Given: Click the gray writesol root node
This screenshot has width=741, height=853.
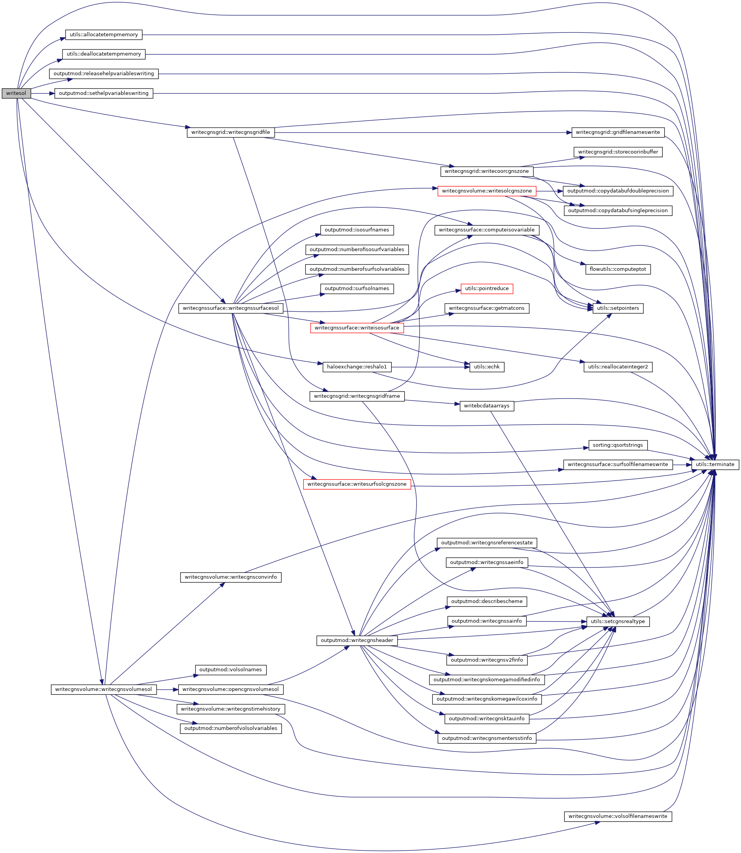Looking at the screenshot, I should [x=16, y=93].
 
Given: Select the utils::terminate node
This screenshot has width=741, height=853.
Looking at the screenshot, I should [x=714, y=465].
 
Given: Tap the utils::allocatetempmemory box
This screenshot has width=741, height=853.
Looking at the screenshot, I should [x=104, y=35].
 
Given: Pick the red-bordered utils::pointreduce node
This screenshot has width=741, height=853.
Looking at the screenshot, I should [x=487, y=289].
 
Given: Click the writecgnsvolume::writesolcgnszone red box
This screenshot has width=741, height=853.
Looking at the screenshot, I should [x=487, y=191].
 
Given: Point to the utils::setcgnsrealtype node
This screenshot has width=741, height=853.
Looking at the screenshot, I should [x=618, y=622].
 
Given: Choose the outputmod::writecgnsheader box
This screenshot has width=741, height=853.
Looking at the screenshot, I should [x=357, y=640].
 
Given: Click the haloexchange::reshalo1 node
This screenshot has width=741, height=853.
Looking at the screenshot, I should [x=357, y=367].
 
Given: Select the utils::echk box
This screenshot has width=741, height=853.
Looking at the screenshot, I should [x=487, y=367].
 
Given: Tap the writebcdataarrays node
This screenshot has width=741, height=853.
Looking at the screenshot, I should [x=487, y=406].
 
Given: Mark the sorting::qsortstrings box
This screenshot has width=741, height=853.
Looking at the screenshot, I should [x=618, y=445].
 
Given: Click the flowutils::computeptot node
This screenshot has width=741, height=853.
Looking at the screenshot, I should [x=618, y=269].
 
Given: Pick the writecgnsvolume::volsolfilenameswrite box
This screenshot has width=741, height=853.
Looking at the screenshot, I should [x=618, y=816].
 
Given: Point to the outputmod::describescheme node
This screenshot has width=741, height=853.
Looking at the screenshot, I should [x=487, y=601].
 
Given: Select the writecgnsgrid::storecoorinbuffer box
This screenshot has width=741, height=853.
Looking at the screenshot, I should [x=618, y=152].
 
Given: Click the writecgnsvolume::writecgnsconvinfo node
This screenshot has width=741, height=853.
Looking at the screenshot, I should [x=231, y=577].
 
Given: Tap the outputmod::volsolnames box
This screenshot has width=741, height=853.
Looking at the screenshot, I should [x=231, y=670].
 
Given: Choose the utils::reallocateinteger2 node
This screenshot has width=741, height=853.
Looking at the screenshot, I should [x=618, y=367].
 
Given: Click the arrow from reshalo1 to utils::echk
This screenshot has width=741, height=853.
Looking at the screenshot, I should [x=430, y=367].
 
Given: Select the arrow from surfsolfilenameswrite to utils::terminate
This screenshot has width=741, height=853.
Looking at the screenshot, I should [x=682, y=465].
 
